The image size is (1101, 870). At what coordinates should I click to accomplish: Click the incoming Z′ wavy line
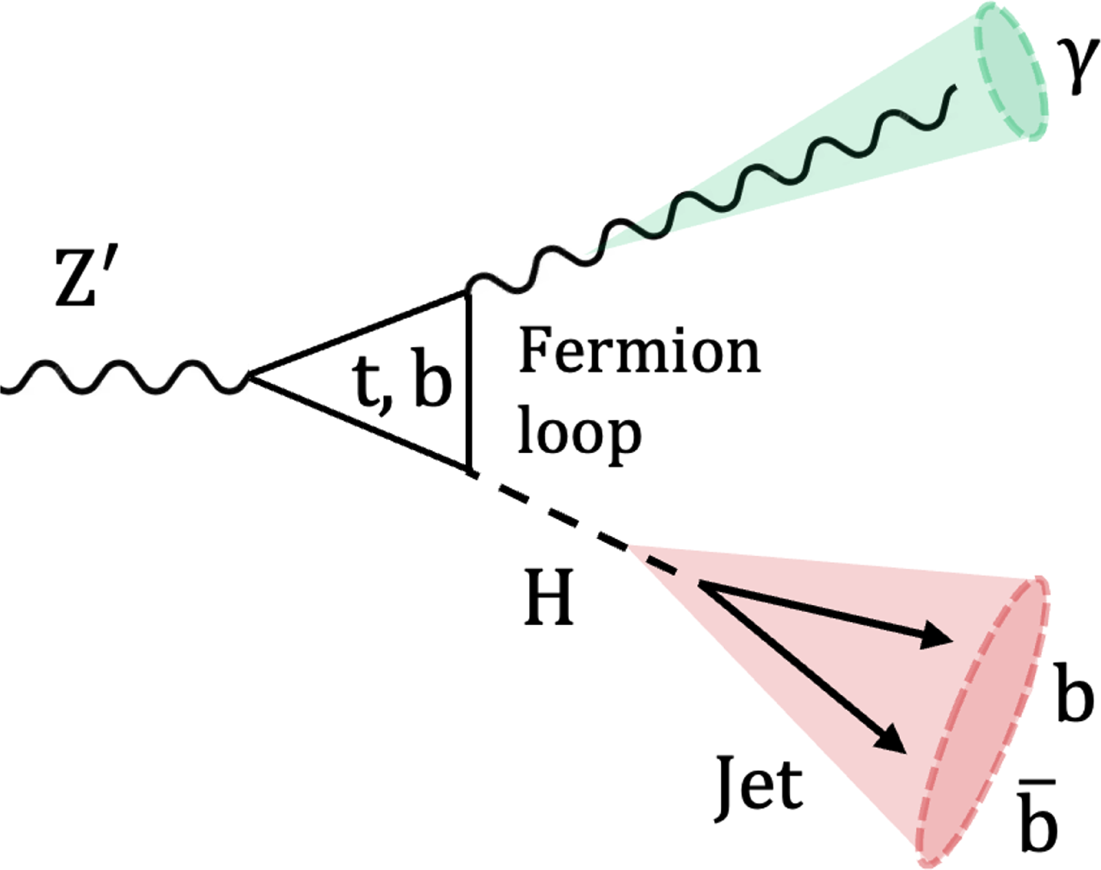coord(122,377)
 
